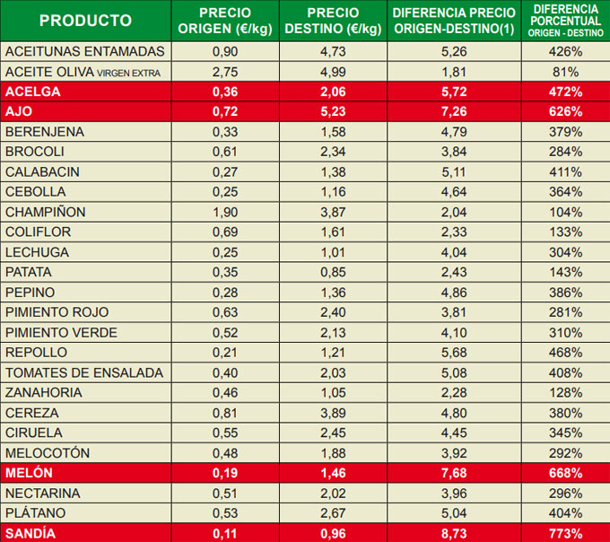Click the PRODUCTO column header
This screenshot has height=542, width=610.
pyautogui.click(x=86, y=21)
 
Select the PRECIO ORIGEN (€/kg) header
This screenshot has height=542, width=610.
pyautogui.click(x=225, y=21)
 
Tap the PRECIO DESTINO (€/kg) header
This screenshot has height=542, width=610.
pyautogui.click(x=333, y=21)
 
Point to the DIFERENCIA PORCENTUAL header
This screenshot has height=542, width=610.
pyautogui.click(x=566, y=21)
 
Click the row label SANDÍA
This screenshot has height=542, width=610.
pyautogui.click(x=30, y=533)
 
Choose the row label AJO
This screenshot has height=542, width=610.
pyautogui.click(x=20, y=112)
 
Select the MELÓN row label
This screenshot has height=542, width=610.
pyautogui.click(x=29, y=473)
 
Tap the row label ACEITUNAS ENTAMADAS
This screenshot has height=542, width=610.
pyautogui.click(x=85, y=51)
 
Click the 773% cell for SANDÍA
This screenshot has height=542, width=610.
pyautogui.click(x=566, y=533)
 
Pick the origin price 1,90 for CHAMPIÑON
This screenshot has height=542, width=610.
pyautogui.click(x=225, y=212)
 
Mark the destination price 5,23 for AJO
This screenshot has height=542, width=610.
pyautogui.click(x=333, y=112)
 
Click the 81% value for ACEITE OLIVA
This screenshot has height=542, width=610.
pyautogui.click(x=566, y=72)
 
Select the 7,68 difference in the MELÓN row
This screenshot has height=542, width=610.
pyautogui.click(x=454, y=473)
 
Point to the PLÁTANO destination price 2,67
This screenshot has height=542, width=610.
pyautogui.click(x=333, y=513)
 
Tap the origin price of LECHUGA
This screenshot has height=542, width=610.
pyautogui.click(x=225, y=252)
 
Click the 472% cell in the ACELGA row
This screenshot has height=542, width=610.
pyautogui.click(x=566, y=92)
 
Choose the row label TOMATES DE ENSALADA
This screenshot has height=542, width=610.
pyautogui.click(x=84, y=372)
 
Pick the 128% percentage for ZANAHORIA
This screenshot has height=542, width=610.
pyautogui.click(x=566, y=392)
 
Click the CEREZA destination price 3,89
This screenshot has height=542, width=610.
pyautogui.click(x=333, y=413)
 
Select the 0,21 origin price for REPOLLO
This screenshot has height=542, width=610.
pyautogui.click(x=225, y=353)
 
